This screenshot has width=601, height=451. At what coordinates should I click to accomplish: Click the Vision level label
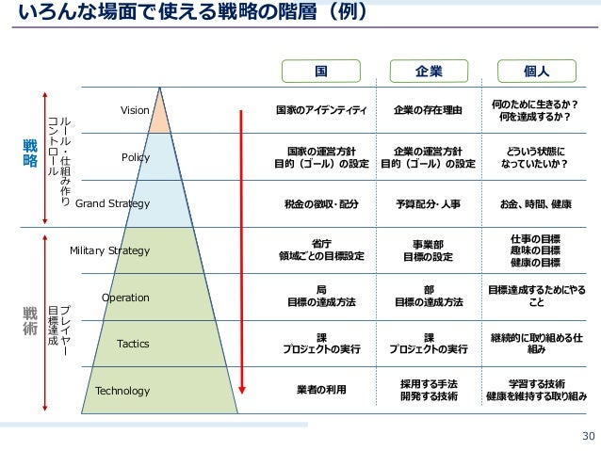135,111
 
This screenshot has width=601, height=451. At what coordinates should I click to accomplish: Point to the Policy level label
136,157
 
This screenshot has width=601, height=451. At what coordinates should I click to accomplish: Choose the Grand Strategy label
112,203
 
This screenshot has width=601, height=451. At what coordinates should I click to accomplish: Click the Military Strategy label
110,250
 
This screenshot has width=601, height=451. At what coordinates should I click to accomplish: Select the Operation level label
125,298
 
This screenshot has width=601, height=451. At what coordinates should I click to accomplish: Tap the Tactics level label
133,344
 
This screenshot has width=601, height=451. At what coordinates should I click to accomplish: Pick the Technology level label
123,391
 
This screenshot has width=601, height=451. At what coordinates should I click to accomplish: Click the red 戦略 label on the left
30,154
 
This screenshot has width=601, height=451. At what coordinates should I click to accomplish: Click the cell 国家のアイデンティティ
321,111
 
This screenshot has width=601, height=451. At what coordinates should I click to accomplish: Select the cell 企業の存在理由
429,111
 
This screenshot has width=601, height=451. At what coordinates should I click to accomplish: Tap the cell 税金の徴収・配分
321,203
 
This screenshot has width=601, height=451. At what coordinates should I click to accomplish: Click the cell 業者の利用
321,391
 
